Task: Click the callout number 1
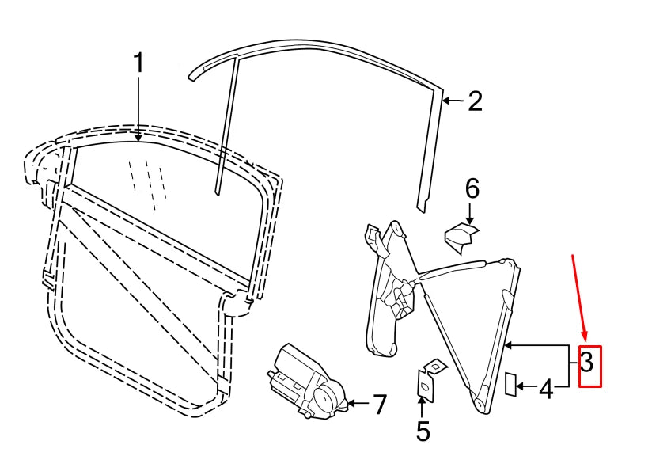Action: (x=138, y=63)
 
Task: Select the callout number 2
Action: (x=475, y=101)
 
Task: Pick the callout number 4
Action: (x=547, y=389)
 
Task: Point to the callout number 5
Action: (x=423, y=431)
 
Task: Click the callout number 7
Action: (x=378, y=405)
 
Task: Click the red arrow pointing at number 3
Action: (x=580, y=298)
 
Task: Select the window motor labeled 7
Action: (x=307, y=382)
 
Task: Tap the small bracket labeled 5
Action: (x=430, y=378)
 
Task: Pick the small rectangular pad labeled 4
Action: (x=510, y=384)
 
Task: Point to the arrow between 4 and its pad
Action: (x=527, y=387)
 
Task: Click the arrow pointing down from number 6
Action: (x=469, y=215)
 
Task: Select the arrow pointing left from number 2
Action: (x=453, y=101)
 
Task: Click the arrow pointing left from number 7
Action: (x=358, y=403)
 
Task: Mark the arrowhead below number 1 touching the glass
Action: (x=138, y=136)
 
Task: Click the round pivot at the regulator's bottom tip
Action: (x=479, y=404)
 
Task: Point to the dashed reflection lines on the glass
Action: (x=148, y=183)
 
